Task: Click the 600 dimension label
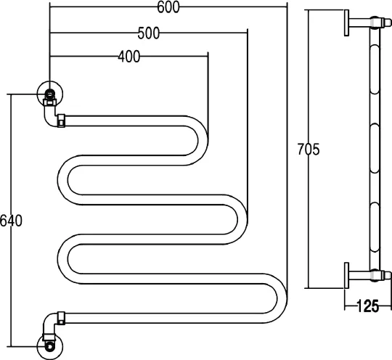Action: point(168,7)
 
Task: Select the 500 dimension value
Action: point(149,33)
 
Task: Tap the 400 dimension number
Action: point(129,57)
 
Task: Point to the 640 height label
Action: point(11,221)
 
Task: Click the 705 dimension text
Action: point(309,150)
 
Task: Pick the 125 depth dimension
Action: point(367,306)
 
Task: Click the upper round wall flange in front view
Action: point(50,94)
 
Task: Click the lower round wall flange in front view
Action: point(50,347)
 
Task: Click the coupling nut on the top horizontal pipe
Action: point(61,120)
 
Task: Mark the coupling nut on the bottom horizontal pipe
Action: point(61,318)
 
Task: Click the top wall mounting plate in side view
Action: point(346,22)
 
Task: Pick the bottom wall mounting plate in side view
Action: point(346,275)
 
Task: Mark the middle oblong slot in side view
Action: point(375,148)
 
